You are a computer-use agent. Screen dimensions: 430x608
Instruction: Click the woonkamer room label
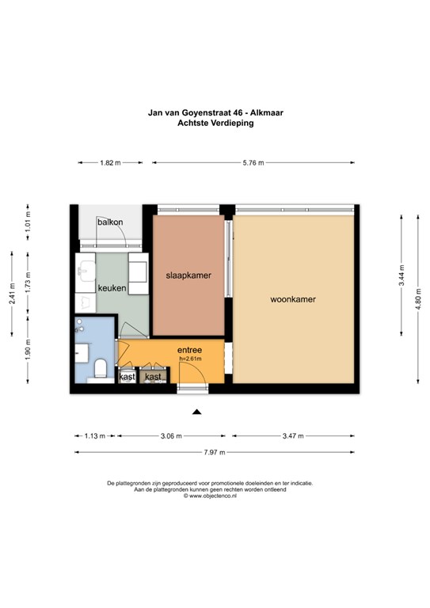tap(293, 299)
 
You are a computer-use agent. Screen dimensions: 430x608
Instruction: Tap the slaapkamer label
tap(188, 275)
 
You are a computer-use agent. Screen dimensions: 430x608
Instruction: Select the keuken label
tap(112, 288)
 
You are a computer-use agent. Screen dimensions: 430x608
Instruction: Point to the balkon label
tap(110, 222)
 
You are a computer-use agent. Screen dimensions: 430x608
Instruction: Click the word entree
tap(189, 350)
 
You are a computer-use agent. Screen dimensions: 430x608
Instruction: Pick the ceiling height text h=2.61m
tap(190, 359)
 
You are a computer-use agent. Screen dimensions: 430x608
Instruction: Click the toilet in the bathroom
tap(101, 368)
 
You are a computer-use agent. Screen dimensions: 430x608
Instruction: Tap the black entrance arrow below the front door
tap(197, 412)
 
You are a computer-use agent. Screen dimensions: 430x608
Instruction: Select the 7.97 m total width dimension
tap(215, 452)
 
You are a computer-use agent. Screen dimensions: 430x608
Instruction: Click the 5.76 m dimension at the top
tap(253, 163)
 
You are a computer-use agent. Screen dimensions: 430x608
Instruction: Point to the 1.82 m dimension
tap(111, 163)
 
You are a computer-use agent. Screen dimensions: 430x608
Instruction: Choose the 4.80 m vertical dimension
tap(418, 299)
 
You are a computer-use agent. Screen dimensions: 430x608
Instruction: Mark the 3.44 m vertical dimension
tap(401, 275)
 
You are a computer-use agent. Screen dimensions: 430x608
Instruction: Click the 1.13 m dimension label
tap(95, 436)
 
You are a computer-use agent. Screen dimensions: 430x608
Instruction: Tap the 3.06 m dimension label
tap(171, 436)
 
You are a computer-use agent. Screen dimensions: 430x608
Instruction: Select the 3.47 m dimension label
tap(293, 436)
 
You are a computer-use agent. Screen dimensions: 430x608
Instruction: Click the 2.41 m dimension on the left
tap(12, 294)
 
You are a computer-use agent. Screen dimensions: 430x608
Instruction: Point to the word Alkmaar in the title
tap(267, 113)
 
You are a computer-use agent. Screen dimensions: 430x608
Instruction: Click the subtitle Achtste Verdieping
tap(215, 123)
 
